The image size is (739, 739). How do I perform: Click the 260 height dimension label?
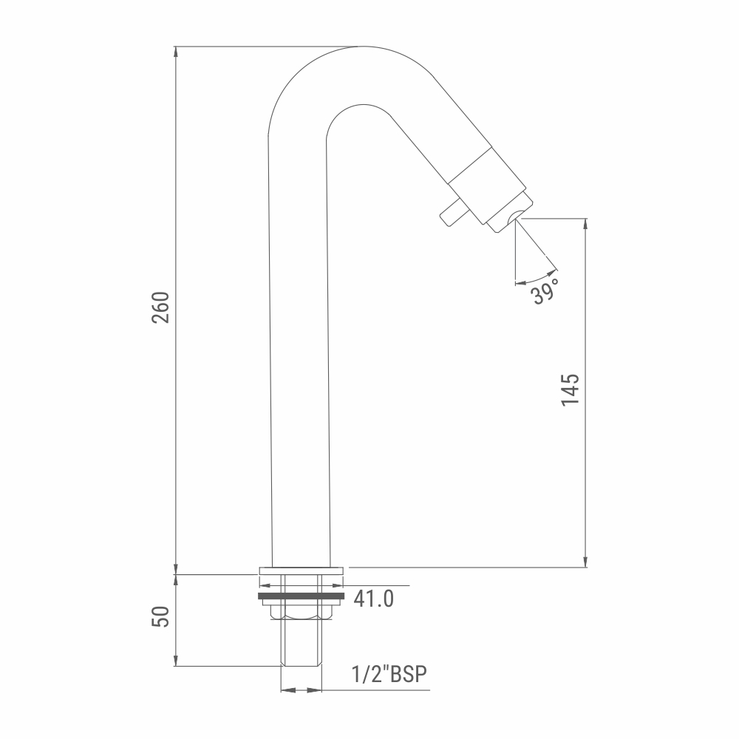click(x=160, y=307)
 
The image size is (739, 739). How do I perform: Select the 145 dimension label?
click(x=570, y=389)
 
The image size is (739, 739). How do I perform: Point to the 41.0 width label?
click(x=374, y=599)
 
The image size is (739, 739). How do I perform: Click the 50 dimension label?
click(x=160, y=617)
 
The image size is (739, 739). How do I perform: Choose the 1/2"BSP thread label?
click(x=389, y=674)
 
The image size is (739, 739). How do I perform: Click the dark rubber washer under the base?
click(x=302, y=596)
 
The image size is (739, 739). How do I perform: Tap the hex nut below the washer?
click(x=302, y=612)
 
